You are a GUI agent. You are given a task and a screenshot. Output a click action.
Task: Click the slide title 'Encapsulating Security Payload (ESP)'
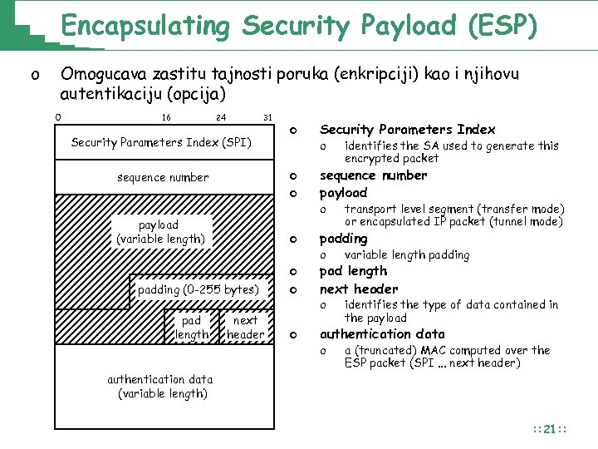pos(298,26)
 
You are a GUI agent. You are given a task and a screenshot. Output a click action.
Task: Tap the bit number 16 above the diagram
pos(166,117)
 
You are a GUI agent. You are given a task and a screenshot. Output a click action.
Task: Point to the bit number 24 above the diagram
pos(221,117)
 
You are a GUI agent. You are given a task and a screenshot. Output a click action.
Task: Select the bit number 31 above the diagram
pos(267,117)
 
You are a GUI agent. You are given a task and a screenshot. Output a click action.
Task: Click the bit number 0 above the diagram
pos(57,117)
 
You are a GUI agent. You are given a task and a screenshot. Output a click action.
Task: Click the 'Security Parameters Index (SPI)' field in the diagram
pos(161,143)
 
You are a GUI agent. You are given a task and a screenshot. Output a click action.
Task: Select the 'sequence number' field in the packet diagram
pos(163,177)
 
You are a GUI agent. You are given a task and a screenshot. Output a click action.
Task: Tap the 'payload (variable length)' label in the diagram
pos(161,232)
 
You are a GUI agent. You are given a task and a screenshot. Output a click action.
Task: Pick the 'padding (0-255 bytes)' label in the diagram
pos(199,289)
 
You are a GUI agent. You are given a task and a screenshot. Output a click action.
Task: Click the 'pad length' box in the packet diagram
pos(191,328)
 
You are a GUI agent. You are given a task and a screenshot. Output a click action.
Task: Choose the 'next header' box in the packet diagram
pos(245,328)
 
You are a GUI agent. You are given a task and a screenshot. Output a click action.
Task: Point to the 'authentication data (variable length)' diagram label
pos(160,387)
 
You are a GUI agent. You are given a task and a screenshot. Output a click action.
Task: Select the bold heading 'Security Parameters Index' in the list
pos(407,130)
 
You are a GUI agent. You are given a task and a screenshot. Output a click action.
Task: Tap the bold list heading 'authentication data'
pos(382,334)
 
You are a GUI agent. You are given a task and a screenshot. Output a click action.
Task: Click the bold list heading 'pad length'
pos(353,271)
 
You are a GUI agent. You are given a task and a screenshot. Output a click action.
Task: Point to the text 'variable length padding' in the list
pos(407,255)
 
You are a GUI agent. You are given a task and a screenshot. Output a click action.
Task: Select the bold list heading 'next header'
pos(359,289)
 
